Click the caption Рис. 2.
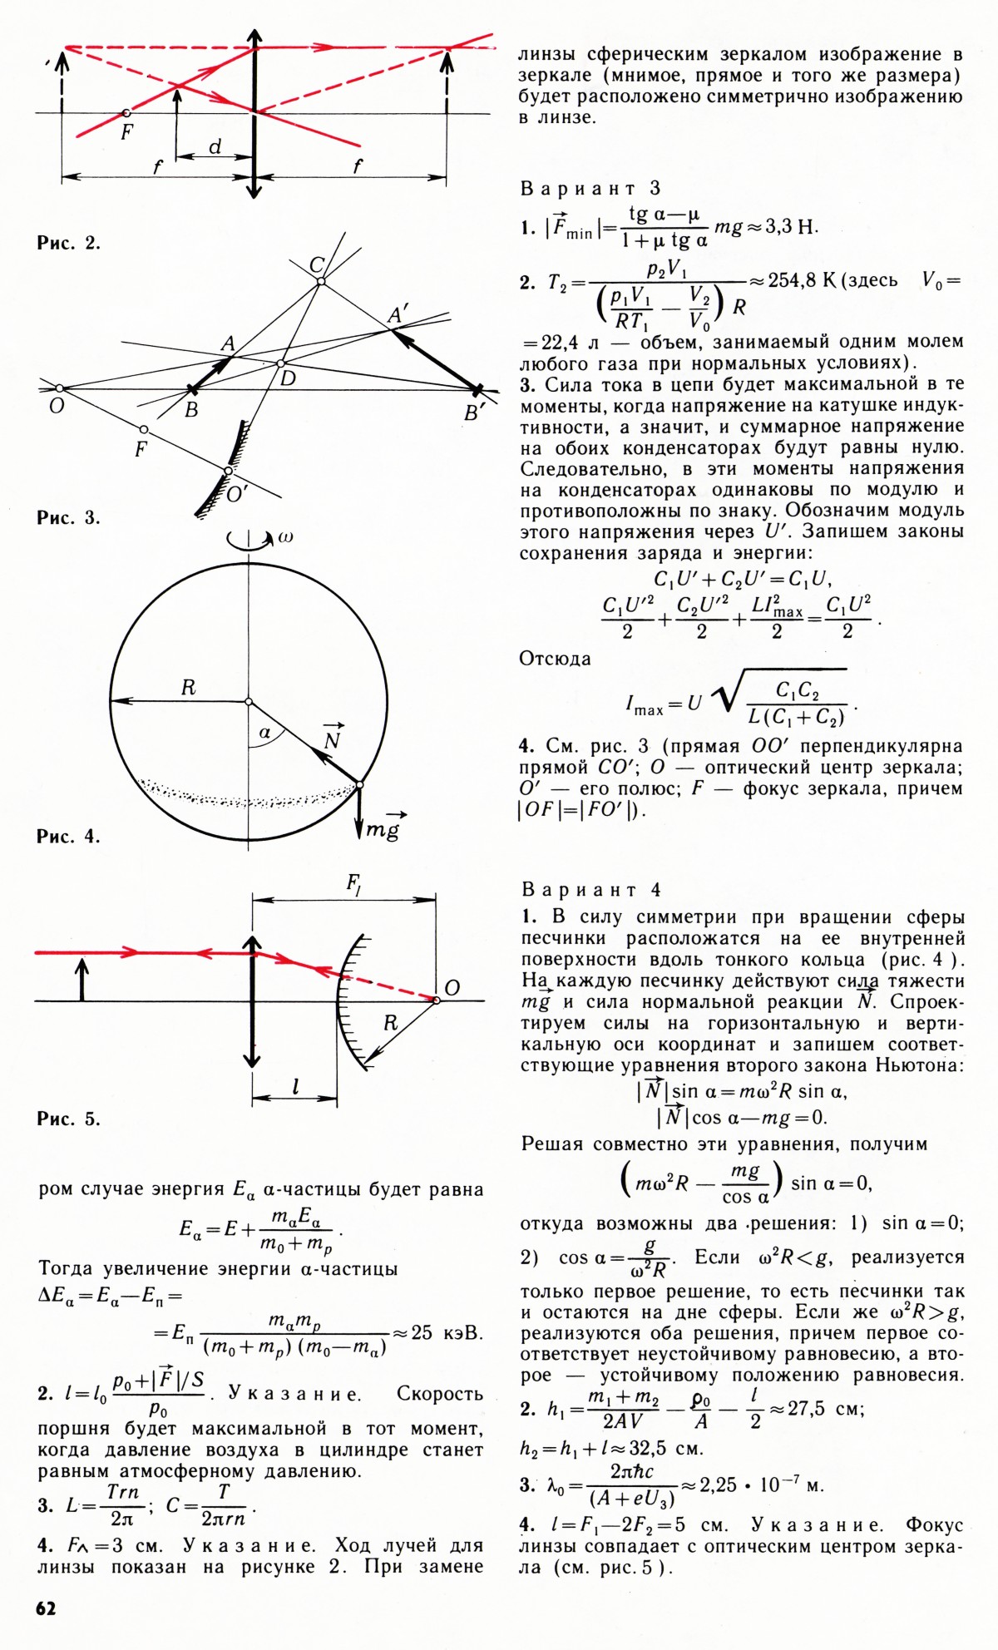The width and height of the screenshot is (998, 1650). tap(68, 243)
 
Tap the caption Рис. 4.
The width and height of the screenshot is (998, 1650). tap(68, 837)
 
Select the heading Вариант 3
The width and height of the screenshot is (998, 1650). tap(590, 189)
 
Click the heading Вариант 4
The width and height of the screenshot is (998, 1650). tap(590, 890)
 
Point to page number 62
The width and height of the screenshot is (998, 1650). tap(47, 1608)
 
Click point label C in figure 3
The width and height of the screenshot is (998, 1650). tap(317, 265)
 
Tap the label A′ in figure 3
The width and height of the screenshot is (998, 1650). tap(398, 316)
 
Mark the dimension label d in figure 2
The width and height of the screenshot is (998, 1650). tap(215, 147)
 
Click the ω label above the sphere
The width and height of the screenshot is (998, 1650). tap(284, 538)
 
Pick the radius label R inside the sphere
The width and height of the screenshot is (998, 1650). tap(188, 688)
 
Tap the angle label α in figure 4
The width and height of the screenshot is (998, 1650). tap(265, 733)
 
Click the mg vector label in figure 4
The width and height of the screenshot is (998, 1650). tap(383, 828)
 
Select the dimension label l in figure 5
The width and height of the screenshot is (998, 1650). tap(296, 1087)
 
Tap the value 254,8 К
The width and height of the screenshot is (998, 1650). tap(802, 280)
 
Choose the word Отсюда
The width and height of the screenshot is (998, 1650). tap(555, 659)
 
